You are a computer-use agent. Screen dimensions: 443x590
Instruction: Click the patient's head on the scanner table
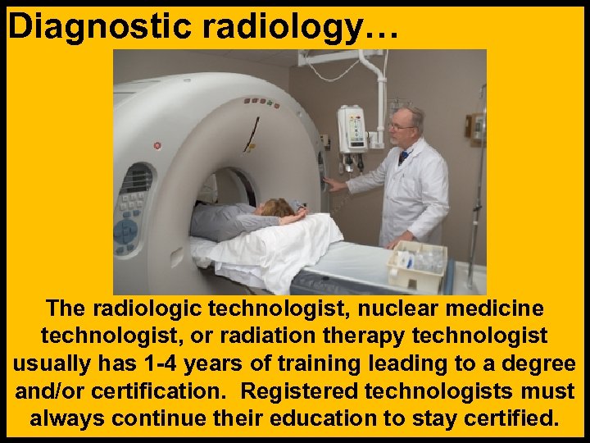click(x=279, y=209)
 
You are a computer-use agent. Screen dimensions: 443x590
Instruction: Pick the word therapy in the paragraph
click(x=414, y=336)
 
